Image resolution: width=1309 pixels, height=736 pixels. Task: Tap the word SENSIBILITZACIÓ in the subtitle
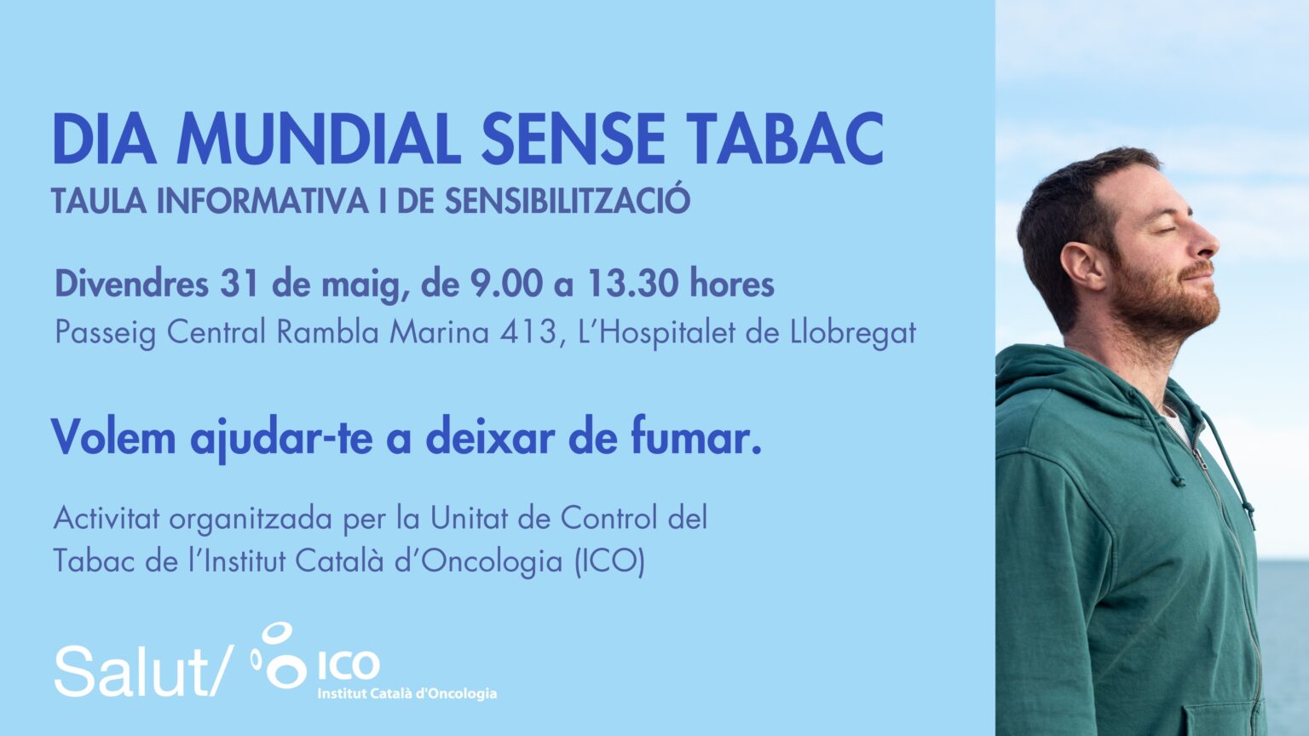click(568, 200)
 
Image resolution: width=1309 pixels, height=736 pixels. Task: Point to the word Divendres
click(131, 285)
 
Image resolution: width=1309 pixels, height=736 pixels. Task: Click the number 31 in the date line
click(239, 285)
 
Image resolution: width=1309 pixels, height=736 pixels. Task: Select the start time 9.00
click(507, 285)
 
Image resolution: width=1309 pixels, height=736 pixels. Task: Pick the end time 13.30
click(633, 285)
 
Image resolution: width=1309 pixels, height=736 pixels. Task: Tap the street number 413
click(528, 332)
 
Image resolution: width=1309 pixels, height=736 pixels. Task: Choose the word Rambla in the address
click(327, 331)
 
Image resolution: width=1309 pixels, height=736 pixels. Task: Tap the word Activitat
click(107, 518)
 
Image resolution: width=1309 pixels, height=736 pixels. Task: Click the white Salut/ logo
click(144, 670)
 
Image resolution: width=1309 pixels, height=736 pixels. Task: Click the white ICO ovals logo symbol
click(280, 655)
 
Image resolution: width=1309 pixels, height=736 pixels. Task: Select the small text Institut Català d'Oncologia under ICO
click(407, 694)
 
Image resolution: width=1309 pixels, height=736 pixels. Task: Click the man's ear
click(1083, 266)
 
